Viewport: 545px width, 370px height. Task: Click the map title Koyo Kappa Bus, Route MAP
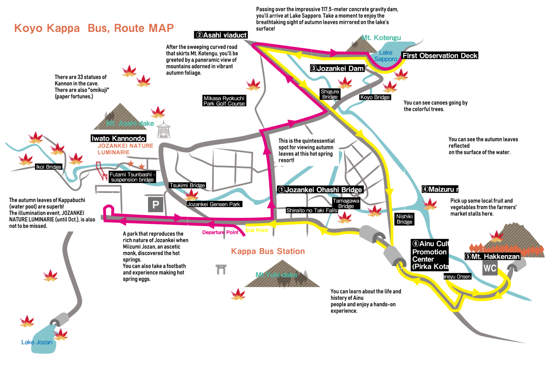coord(94,28)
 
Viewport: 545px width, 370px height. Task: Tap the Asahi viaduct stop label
coord(221,35)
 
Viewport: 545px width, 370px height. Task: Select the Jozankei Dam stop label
coord(337,68)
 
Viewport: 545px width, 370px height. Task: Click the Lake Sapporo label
coord(386,56)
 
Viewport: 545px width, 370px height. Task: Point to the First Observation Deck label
coord(440,56)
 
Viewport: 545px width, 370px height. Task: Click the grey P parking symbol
coord(155,205)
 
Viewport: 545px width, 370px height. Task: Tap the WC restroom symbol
coord(490,268)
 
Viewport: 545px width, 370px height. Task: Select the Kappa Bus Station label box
coord(272,248)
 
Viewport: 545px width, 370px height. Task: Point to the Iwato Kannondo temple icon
coord(164,129)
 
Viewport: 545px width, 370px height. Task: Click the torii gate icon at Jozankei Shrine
coord(221,270)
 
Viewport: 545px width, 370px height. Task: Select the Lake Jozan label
coord(37,342)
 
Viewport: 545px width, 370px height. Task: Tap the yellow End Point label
coord(257,230)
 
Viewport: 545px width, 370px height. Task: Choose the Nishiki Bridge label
coord(404,219)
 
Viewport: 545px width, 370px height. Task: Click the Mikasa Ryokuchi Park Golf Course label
coord(224,101)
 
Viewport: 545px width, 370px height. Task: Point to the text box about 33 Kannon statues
coord(83,87)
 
